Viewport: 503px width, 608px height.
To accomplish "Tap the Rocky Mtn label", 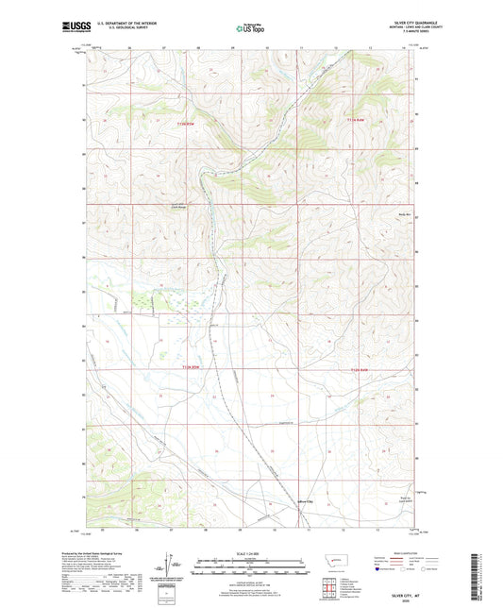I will tap(398, 213).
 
